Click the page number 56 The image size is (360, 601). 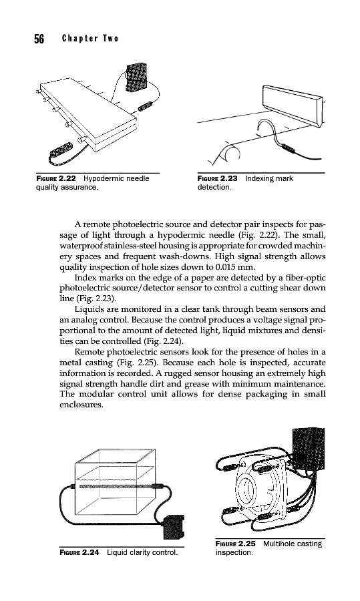[x=39, y=39]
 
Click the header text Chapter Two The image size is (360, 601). [x=90, y=38]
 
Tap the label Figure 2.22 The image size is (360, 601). [x=56, y=178]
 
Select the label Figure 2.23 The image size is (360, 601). [x=217, y=178]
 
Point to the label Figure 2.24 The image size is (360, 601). [x=79, y=552]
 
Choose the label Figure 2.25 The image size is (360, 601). [x=235, y=544]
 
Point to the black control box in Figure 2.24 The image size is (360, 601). [x=174, y=527]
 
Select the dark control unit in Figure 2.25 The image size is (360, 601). [x=309, y=449]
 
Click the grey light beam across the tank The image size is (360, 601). [x=116, y=486]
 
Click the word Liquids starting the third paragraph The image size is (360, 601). [x=87, y=309]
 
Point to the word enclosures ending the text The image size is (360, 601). [x=81, y=405]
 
